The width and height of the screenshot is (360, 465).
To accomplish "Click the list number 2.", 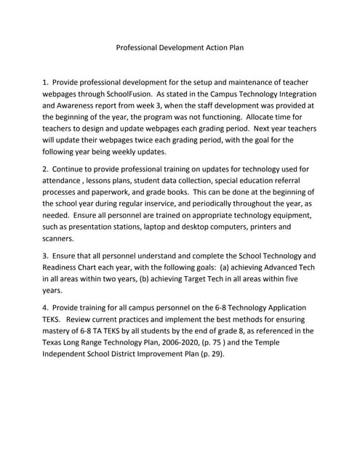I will [46, 169].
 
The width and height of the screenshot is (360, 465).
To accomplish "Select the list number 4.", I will [46, 308].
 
